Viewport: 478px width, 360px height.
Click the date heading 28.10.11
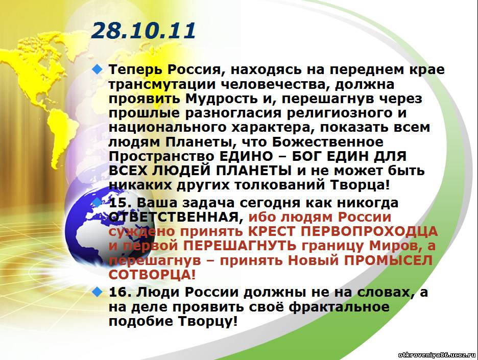click(x=144, y=31)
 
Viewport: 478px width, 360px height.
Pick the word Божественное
click(x=328, y=142)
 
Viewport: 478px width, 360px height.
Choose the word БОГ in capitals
click(x=306, y=157)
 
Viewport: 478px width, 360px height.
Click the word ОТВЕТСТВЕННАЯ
click(x=174, y=218)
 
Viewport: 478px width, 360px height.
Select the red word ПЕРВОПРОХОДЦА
click(x=369, y=232)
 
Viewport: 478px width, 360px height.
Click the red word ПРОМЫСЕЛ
click(x=388, y=260)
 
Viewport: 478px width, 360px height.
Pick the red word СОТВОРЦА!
click(x=152, y=275)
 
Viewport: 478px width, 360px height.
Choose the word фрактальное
click(x=339, y=307)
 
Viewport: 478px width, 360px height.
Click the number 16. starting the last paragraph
click(x=120, y=293)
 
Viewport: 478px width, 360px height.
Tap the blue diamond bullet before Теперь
click(x=97, y=70)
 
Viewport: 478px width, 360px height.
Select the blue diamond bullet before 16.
click(x=97, y=292)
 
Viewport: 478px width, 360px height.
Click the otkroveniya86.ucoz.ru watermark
click(x=437, y=355)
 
